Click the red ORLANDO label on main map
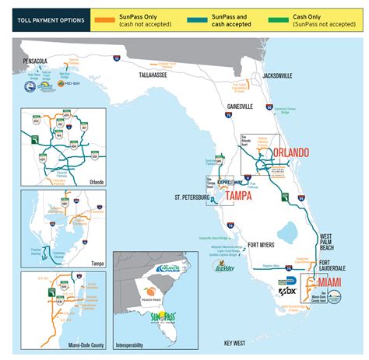point(287,152)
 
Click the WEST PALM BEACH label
point(327,240)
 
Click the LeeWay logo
point(221,265)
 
